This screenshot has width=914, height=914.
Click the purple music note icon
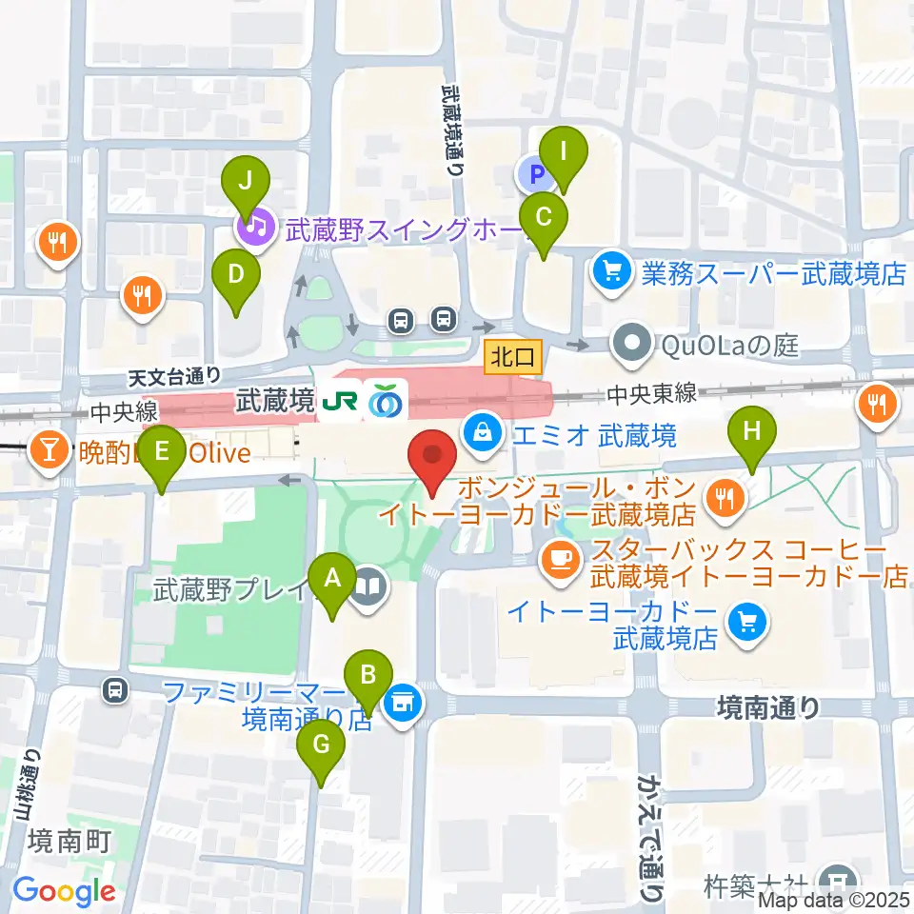[253, 228]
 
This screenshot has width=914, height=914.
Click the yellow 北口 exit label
[513, 357]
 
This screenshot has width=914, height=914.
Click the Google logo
[64, 891]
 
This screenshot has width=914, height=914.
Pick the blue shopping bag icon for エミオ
[483, 434]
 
